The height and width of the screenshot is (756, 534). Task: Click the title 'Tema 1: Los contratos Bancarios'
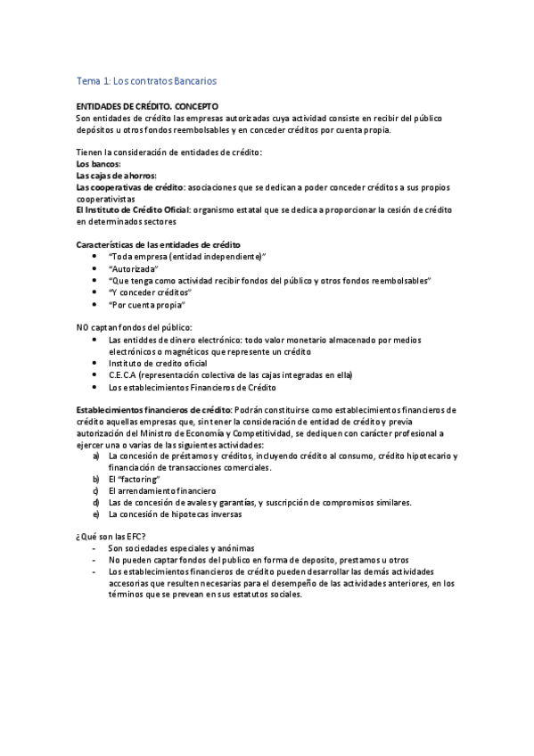coord(146,81)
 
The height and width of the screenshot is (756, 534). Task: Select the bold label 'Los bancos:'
coord(98,164)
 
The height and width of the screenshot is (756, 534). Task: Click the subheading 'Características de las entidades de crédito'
coord(158,245)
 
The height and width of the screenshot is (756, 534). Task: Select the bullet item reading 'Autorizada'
coord(133,268)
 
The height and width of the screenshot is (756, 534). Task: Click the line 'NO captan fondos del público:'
coord(134,327)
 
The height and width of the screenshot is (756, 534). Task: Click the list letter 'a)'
coord(95,456)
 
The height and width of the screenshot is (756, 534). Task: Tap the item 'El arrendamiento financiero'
coord(161,490)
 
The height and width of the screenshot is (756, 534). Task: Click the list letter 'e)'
coord(95,514)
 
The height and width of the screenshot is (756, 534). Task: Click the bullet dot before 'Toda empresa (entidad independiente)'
coord(95,257)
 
